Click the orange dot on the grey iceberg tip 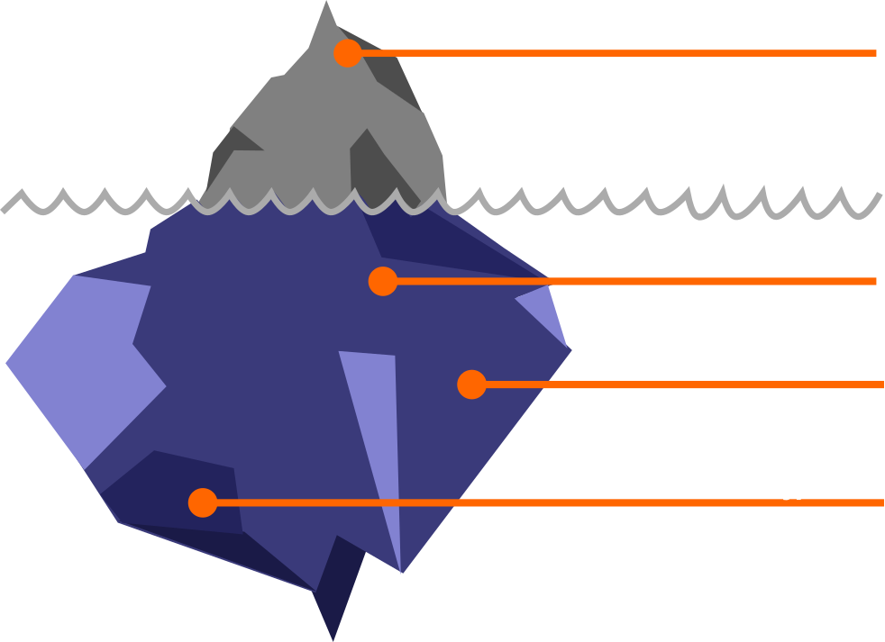[347, 53]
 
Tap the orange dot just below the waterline [383, 281]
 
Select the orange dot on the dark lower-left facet [203, 502]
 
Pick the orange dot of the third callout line [471, 384]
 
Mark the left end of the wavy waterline [5, 209]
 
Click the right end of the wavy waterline [880, 196]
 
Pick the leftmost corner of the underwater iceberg [7, 363]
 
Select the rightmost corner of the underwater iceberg [570, 349]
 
